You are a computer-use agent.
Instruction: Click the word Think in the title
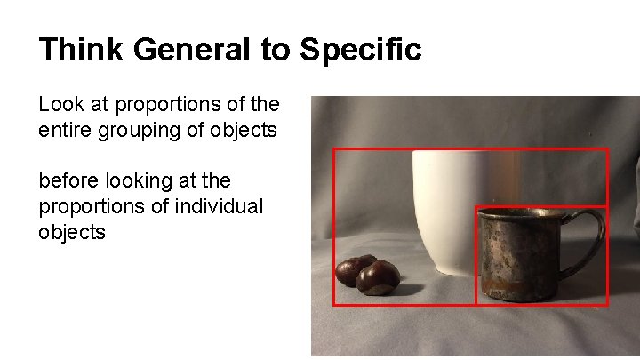click(x=81, y=50)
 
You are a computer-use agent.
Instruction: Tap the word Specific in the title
click(x=360, y=50)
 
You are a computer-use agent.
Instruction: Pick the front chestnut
click(x=378, y=277)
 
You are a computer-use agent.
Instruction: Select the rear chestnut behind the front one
click(x=353, y=267)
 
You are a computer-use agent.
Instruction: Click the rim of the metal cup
click(x=524, y=213)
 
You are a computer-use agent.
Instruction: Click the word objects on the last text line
click(x=72, y=232)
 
